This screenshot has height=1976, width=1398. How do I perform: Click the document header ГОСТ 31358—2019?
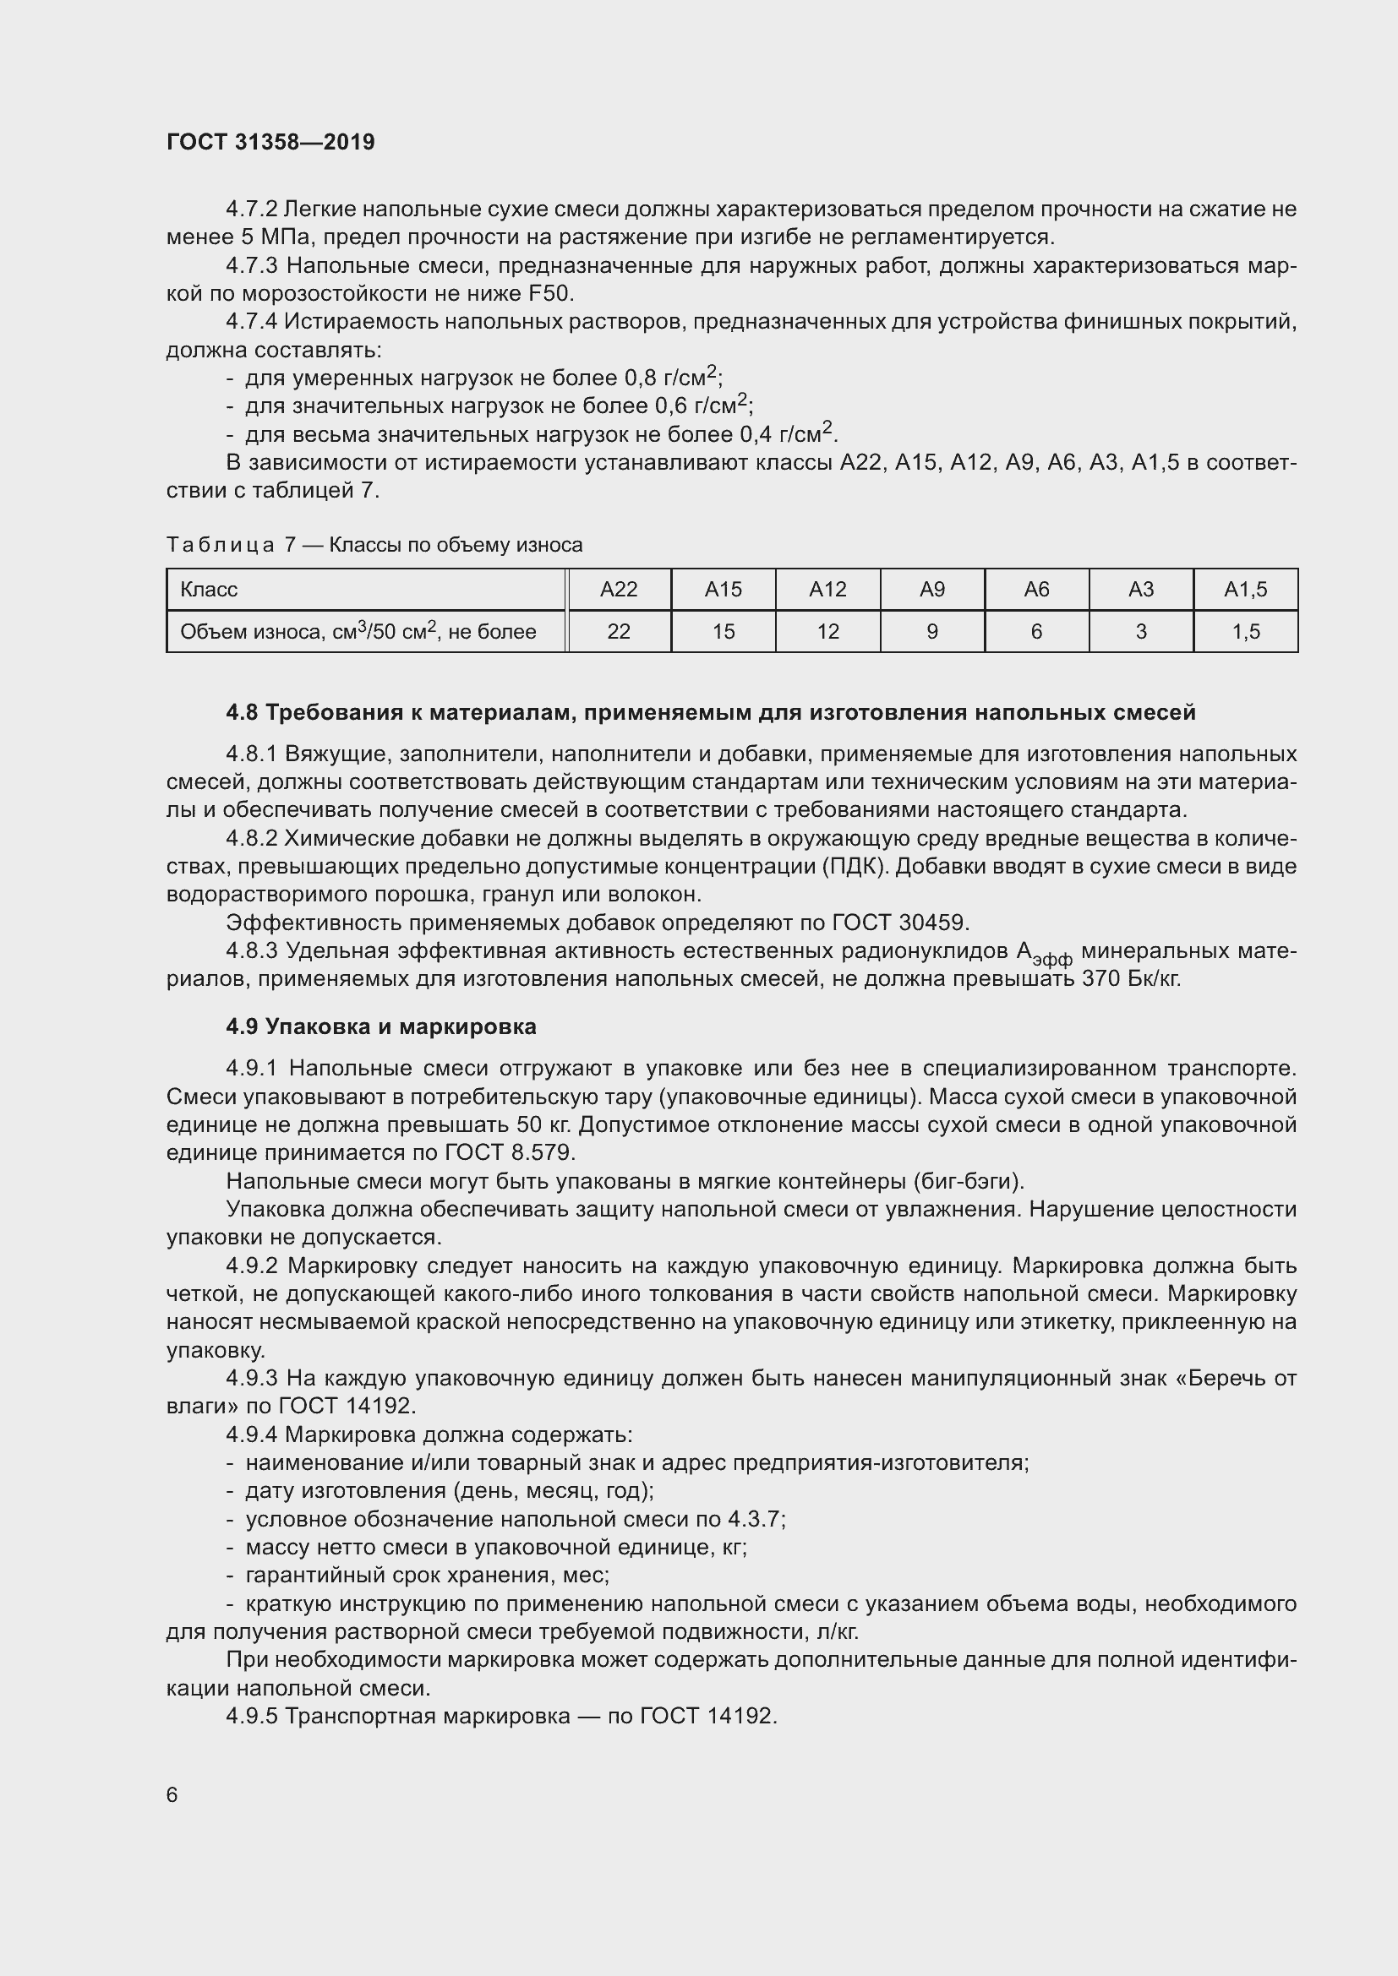(270, 142)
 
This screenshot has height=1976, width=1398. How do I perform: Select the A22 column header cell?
(618, 590)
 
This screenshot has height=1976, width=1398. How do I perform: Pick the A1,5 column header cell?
(1245, 590)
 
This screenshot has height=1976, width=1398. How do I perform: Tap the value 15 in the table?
(724, 632)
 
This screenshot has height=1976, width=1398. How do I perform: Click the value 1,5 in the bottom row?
(1245, 632)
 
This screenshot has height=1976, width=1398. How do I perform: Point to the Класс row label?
(209, 590)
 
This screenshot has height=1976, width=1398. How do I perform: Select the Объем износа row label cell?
(358, 632)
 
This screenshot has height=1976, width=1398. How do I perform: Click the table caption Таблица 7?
(374, 545)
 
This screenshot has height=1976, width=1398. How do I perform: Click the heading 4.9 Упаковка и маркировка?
(380, 1026)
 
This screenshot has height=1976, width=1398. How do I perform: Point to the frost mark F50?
(549, 293)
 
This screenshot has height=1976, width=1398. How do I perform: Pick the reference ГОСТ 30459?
(899, 923)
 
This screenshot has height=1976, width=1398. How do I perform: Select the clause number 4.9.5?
(251, 1716)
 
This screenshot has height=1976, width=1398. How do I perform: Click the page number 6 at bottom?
(172, 1794)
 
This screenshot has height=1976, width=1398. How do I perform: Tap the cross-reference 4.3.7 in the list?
(753, 1519)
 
